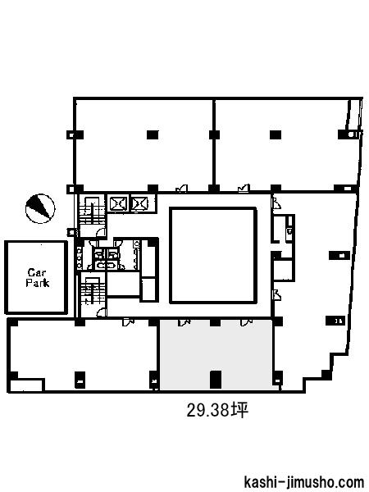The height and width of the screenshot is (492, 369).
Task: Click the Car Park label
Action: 38,278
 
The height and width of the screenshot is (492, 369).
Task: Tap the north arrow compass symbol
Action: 40,208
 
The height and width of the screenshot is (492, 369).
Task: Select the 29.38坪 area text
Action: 217,410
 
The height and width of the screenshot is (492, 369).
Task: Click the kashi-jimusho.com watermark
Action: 303,482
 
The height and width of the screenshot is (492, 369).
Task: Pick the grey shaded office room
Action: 215,355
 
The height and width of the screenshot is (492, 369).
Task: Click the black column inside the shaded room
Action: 215,380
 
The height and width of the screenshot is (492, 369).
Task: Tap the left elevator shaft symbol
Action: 118,204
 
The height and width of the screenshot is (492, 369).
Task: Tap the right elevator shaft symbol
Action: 140,204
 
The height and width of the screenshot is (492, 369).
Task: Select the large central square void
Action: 213,255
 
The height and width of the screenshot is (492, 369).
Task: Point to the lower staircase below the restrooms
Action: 92,290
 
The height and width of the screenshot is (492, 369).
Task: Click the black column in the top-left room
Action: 153,135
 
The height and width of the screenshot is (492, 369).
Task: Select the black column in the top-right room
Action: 276,135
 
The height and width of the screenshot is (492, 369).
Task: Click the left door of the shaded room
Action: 184,322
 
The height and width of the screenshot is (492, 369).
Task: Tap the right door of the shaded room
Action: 246,322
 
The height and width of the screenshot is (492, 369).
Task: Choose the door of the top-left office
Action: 182,189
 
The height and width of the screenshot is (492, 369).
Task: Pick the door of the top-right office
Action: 244,189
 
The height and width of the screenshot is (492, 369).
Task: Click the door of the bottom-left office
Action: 129,322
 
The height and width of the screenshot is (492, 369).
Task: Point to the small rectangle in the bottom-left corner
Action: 26,385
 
